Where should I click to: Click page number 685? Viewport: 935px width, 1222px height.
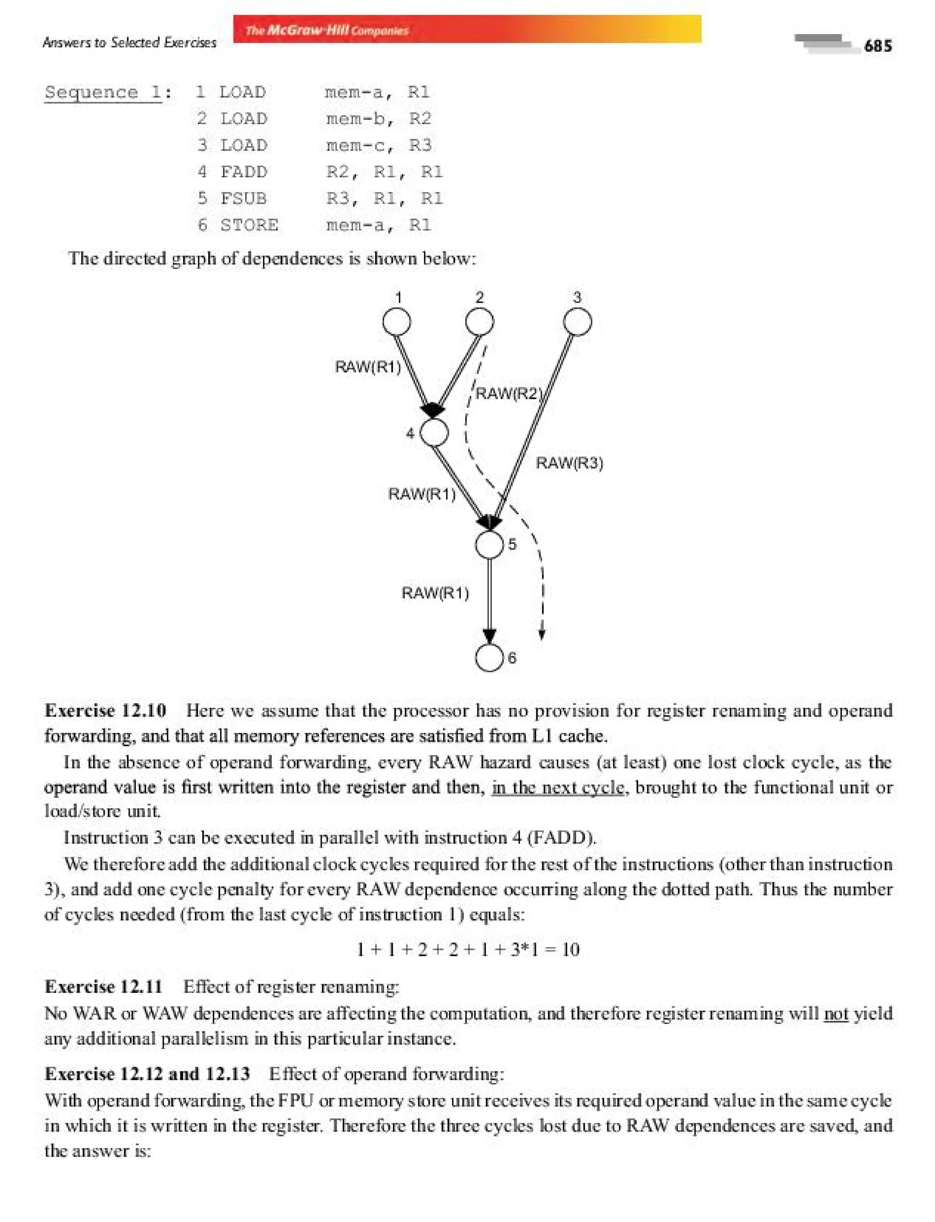click(x=877, y=46)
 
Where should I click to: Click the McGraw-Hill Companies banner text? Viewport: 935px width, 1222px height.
click(x=327, y=30)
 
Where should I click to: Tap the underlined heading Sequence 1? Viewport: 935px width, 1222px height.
click(x=103, y=92)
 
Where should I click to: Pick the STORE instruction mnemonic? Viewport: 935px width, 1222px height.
click(x=249, y=225)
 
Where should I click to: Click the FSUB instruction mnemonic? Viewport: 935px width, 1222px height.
click(x=244, y=198)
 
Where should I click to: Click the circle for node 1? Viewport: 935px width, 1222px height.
click(x=397, y=322)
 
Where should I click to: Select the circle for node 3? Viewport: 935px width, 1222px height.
click(x=577, y=322)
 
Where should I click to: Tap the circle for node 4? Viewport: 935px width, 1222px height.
click(x=434, y=432)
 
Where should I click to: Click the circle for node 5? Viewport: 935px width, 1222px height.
click(x=489, y=544)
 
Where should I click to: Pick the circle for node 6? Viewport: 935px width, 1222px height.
click(x=489, y=658)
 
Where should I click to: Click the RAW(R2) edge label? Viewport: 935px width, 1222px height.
click(x=508, y=394)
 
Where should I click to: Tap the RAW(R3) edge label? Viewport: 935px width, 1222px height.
click(x=569, y=463)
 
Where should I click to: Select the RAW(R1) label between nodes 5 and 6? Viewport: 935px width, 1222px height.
click(x=435, y=593)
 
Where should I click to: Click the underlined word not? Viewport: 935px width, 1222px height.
click(x=835, y=1014)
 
